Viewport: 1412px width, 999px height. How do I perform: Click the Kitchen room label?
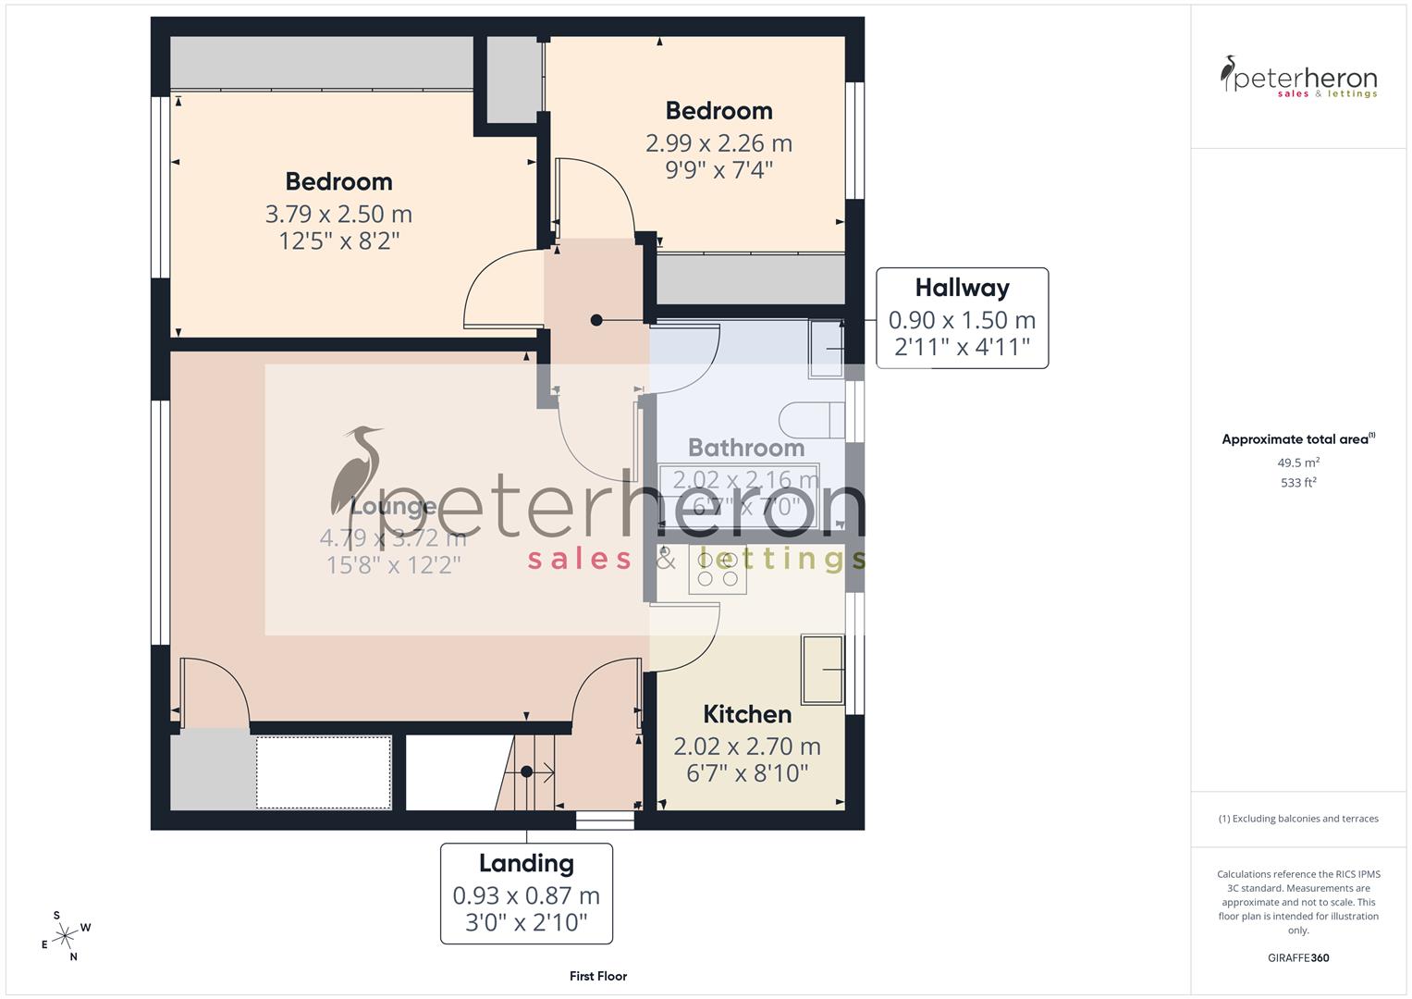pyautogui.click(x=747, y=714)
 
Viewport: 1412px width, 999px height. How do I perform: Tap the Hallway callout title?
pyautogui.click(x=962, y=288)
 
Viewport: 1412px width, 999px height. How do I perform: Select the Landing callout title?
pyautogui.click(x=526, y=863)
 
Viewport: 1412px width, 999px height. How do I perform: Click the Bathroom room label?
pyautogui.click(x=746, y=448)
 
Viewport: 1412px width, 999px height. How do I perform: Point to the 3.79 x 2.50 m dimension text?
pyautogui.click(x=338, y=214)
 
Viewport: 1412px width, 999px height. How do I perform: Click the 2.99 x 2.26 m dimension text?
pyautogui.click(x=718, y=143)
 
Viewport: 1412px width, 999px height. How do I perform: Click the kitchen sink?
pyautogui.click(x=822, y=669)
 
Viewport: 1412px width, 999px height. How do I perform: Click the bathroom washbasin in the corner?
pyautogui.click(x=826, y=348)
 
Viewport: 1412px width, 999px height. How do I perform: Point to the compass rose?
pyautogui.click(x=65, y=936)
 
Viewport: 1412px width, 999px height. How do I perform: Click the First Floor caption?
pyautogui.click(x=598, y=976)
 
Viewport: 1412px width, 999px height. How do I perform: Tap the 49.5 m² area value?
pyautogui.click(x=1298, y=462)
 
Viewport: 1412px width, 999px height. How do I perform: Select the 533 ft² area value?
pyautogui.click(x=1298, y=483)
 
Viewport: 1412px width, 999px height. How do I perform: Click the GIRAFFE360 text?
pyautogui.click(x=1298, y=957)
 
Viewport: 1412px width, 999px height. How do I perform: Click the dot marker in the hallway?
pyautogui.click(x=596, y=320)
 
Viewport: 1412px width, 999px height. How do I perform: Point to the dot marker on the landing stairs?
pyautogui.click(x=526, y=771)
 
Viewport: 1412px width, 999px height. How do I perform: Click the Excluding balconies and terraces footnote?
pyautogui.click(x=1298, y=819)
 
